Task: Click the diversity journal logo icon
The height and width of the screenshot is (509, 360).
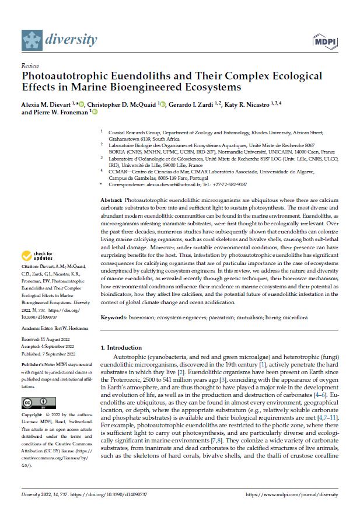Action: (32, 40)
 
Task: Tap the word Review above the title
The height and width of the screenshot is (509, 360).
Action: (29, 67)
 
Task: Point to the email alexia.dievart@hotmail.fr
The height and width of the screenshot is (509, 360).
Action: (174, 184)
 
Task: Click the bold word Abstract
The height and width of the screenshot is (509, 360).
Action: (111, 200)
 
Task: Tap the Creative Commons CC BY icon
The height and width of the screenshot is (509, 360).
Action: (36, 403)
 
